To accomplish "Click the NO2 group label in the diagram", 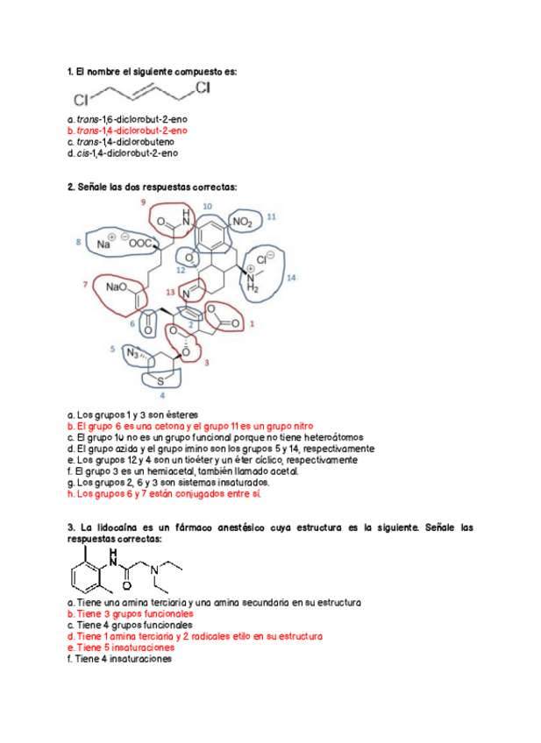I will coord(243,223).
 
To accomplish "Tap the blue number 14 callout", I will coord(292,277).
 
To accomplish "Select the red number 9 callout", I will coord(143,202).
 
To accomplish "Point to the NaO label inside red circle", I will coord(117,287).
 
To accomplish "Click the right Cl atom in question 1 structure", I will coord(203,88).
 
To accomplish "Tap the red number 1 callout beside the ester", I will coord(253,323).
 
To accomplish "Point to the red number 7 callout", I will coord(86,285).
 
